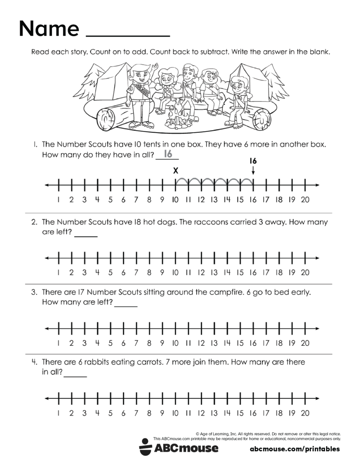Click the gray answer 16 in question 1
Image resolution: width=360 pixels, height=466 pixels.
[x=167, y=154]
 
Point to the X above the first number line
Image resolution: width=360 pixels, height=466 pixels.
[x=175, y=170]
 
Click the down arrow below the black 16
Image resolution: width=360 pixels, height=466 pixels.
[x=253, y=170]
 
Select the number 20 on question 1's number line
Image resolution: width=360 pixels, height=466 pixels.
[x=305, y=200]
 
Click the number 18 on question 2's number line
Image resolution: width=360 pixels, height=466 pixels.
[x=279, y=272]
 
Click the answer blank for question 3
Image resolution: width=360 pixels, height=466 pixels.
[x=126, y=305]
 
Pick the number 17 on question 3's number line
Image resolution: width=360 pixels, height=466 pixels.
[x=266, y=343]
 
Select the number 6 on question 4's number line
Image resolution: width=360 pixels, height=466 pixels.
[x=123, y=413]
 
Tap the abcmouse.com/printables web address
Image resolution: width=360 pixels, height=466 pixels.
[x=295, y=449]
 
